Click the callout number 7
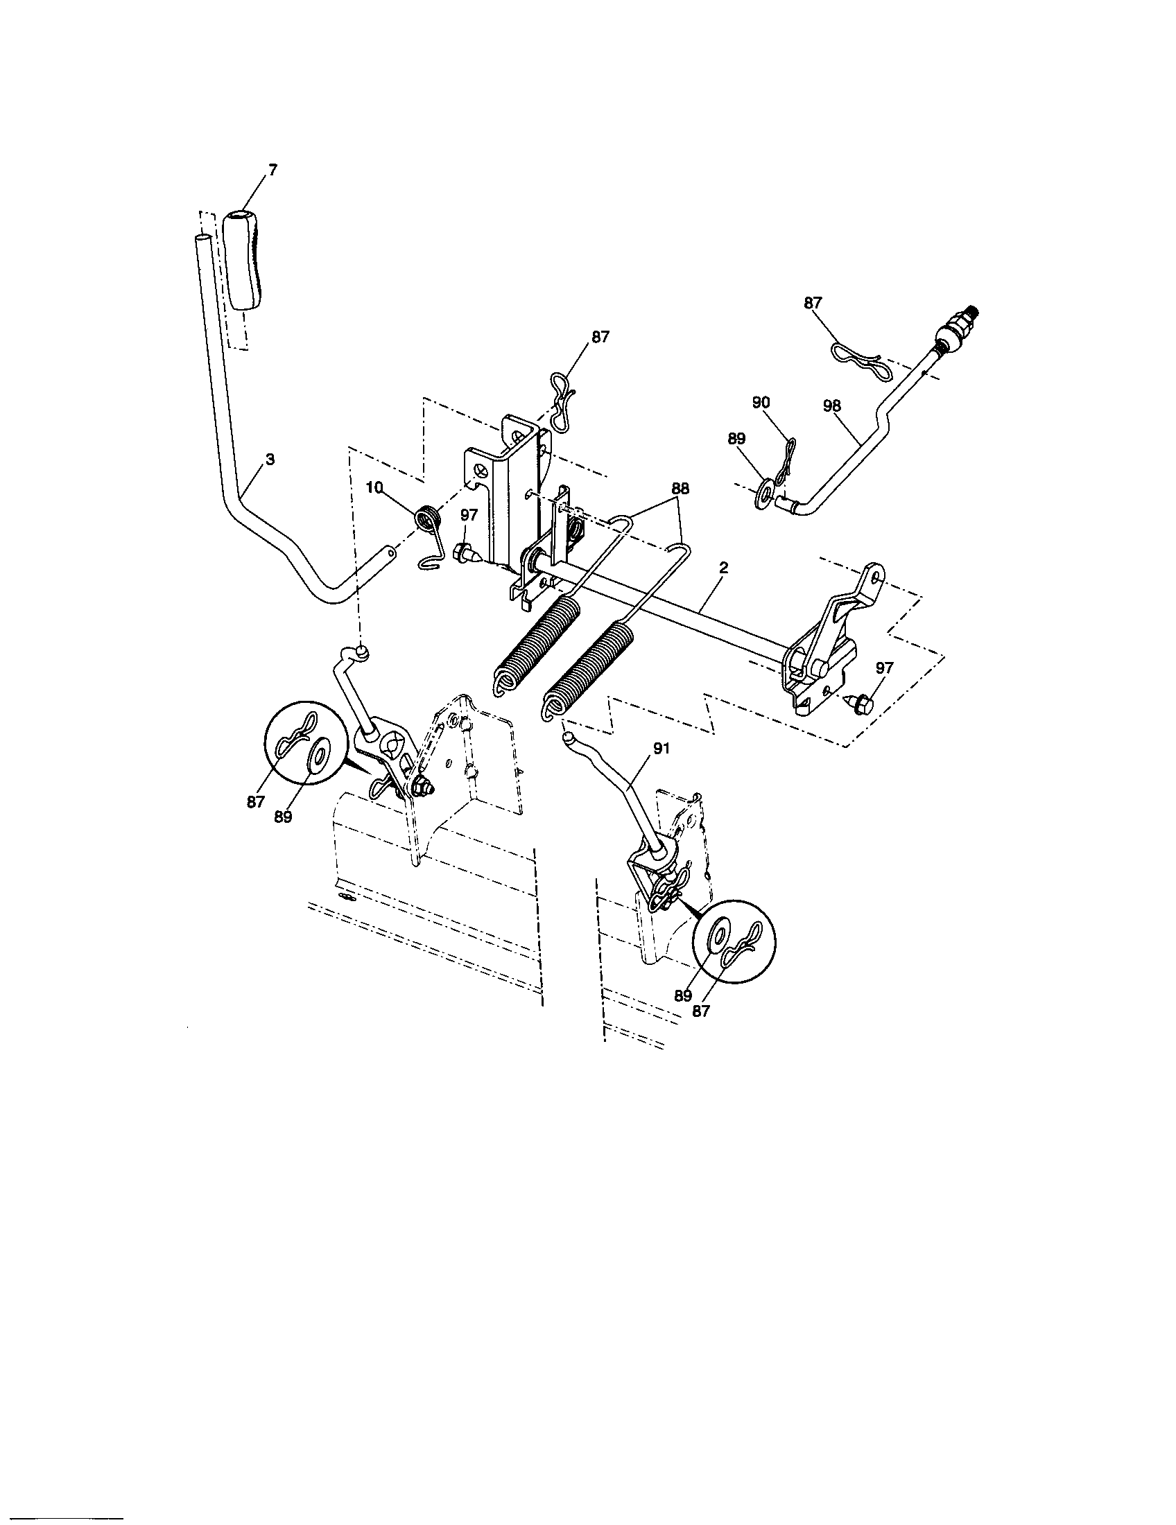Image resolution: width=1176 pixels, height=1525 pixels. tap(273, 170)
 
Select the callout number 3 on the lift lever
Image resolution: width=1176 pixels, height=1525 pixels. tap(270, 460)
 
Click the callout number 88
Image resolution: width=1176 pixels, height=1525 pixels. tap(680, 488)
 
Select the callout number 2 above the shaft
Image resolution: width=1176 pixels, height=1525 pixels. tap(723, 568)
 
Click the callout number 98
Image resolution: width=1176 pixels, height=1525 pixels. tap(832, 406)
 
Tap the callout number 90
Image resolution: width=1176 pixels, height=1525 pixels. tap(761, 403)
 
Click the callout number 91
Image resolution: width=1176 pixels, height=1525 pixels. tap(661, 748)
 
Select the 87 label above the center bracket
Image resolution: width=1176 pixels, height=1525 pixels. tap(600, 337)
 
